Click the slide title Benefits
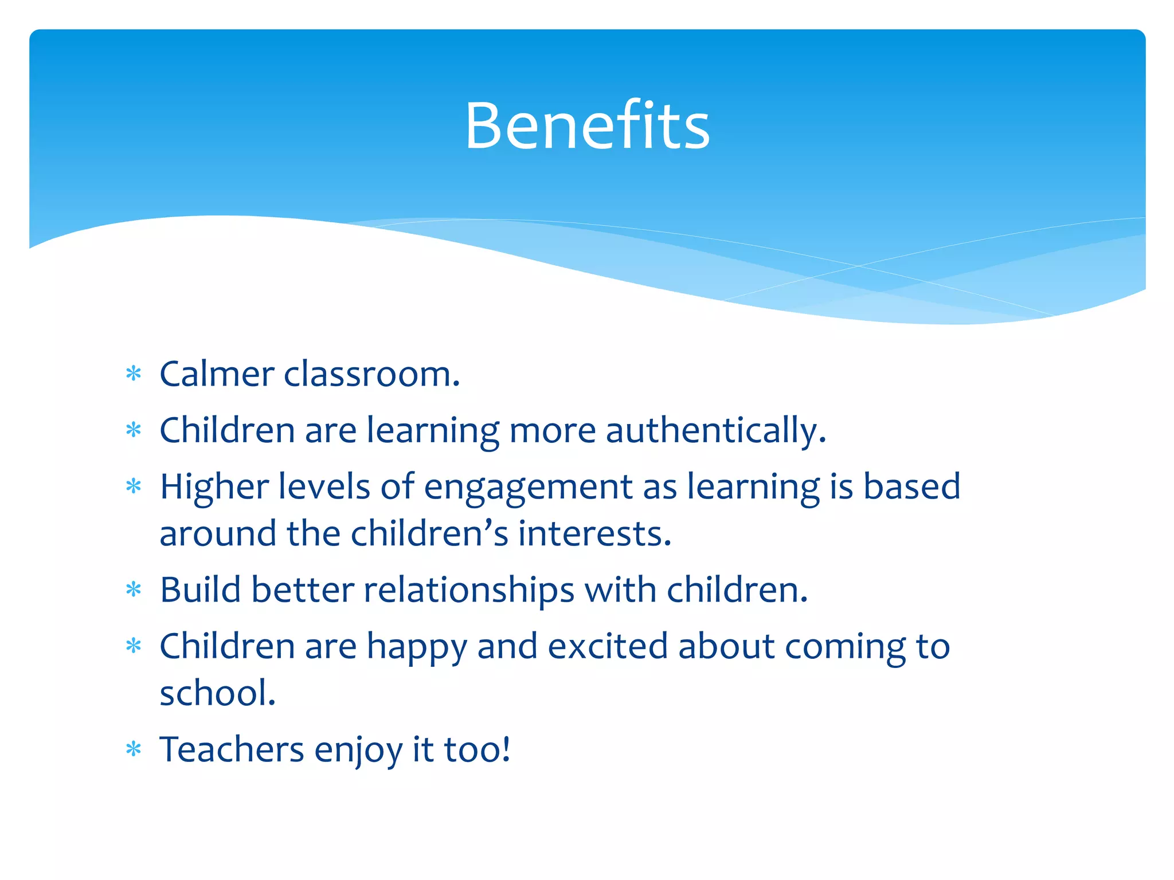pyautogui.click(x=587, y=125)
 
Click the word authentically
pyautogui.click(x=715, y=430)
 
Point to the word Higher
pyautogui.click(x=214, y=486)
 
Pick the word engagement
pyautogui.click(x=528, y=488)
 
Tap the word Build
pyautogui.click(x=200, y=590)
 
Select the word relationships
pyautogui.click(x=469, y=590)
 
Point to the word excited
pyautogui.click(x=608, y=646)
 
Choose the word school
pyautogui.click(x=217, y=693)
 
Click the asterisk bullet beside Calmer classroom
pyautogui.click(x=134, y=374)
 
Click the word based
pyautogui.click(x=911, y=486)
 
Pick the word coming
pyautogui.click(x=845, y=647)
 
